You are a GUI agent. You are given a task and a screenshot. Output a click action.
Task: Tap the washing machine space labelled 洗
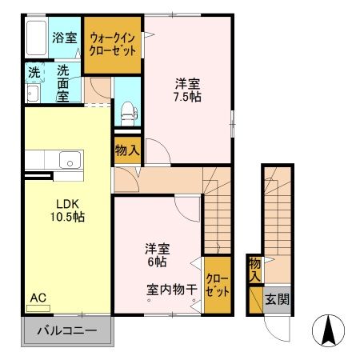click(34, 71)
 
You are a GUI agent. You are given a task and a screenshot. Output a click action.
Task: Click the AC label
click(38, 298)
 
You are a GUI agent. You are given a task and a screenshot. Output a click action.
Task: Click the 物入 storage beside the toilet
click(127, 150)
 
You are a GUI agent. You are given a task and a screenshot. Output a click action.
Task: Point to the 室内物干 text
click(172, 289)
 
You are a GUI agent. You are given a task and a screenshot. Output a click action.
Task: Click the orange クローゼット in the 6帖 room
click(217, 285)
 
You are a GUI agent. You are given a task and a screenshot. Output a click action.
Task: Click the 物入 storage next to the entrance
click(254, 269)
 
